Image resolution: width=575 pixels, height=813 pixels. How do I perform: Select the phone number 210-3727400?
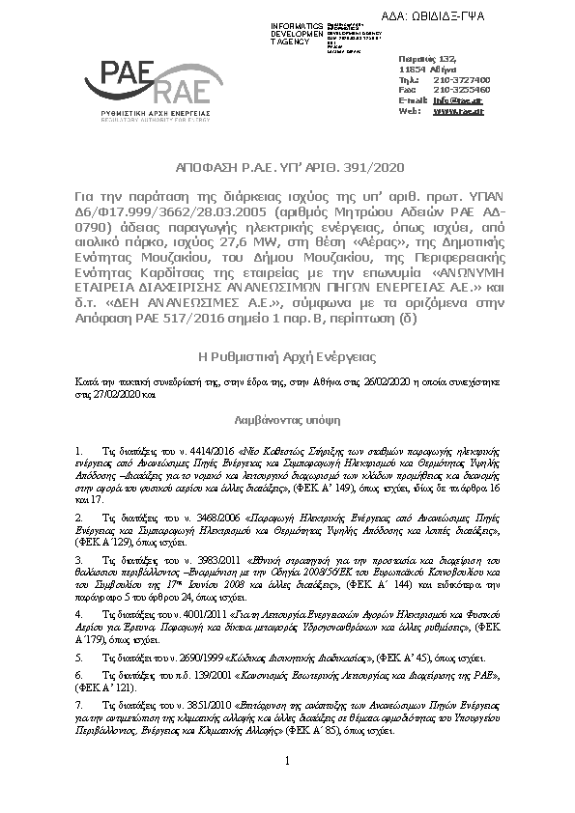pos(462,79)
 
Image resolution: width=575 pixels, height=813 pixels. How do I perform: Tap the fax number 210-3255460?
pos(462,89)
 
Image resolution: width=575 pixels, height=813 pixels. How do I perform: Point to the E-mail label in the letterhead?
pos(413,99)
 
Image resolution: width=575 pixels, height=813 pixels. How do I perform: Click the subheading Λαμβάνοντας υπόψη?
pos(287,422)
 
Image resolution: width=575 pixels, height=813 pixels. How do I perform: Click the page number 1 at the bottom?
pos(288,764)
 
